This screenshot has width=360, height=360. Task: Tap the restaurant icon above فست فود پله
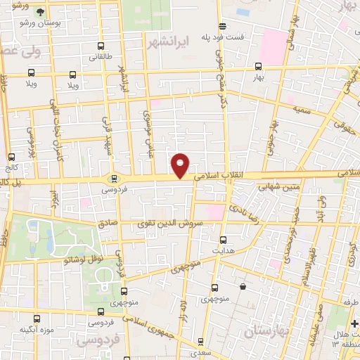[x=222, y=25]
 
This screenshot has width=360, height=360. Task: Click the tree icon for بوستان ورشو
[x=39, y=13]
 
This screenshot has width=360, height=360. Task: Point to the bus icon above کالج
[x=11, y=157]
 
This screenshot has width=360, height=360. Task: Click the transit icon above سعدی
[x=201, y=342]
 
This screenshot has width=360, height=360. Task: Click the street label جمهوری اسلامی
[x=155, y=326]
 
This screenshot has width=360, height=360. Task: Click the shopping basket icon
[x=243, y=286]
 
